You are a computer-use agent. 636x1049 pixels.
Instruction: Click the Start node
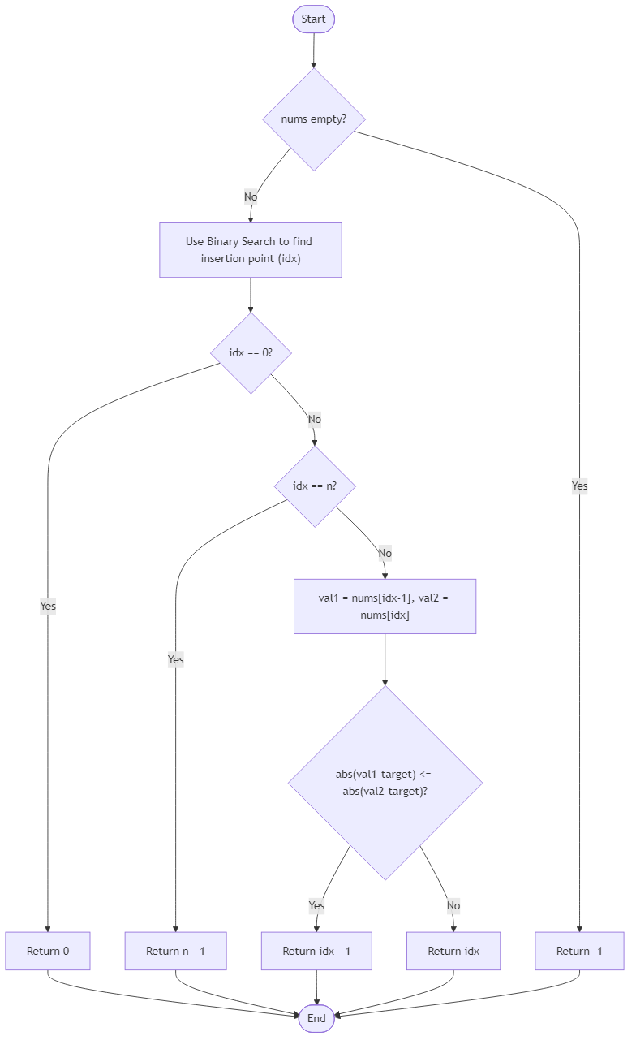(x=313, y=19)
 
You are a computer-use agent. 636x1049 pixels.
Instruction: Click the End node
(x=316, y=1018)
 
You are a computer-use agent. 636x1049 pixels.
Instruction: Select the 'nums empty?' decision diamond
(x=313, y=119)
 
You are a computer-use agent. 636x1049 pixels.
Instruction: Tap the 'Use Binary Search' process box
(x=250, y=250)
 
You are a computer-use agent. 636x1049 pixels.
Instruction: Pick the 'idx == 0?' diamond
(x=251, y=353)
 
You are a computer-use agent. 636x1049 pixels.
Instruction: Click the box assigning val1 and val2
(x=385, y=607)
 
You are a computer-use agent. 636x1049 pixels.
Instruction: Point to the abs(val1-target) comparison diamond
(x=385, y=783)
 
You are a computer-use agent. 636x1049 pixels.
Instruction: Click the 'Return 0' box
(x=48, y=951)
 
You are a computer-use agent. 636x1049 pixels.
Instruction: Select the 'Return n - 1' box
(x=175, y=951)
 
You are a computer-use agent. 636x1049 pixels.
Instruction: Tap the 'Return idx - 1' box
(x=316, y=951)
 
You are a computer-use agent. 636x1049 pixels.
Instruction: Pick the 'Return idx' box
(x=453, y=951)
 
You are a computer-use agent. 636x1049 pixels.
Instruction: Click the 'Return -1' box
(x=579, y=951)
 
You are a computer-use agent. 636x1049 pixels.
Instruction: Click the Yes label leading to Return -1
(x=579, y=486)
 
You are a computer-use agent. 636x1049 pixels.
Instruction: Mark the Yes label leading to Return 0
(x=48, y=606)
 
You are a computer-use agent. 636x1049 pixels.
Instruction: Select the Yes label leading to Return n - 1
(x=175, y=659)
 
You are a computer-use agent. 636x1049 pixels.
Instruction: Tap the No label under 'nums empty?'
(x=251, y=196)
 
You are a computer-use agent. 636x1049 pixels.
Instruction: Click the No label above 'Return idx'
(x=453, y=905)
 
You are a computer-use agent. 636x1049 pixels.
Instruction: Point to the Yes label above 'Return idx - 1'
(x=316, y=905)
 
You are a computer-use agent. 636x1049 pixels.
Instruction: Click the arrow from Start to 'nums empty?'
(x=313, y=50)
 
